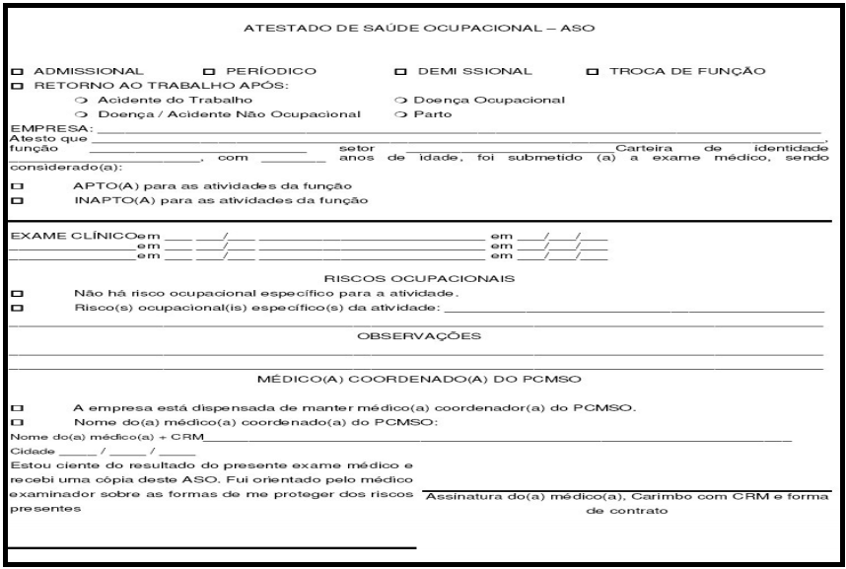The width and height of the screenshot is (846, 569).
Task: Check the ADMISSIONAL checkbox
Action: [x=16, y=72]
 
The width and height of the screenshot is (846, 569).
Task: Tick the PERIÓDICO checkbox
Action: [x=208, y=72]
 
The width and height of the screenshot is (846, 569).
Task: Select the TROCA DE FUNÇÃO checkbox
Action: [x=592, y=72]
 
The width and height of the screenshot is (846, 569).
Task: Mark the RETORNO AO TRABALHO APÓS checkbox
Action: [x=16, y=86]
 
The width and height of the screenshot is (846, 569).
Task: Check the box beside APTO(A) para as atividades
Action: [x=16, y=186]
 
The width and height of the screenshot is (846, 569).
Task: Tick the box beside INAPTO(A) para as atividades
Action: [x=16, y=201]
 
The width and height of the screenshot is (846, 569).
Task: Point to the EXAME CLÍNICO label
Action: [x=72, y=237]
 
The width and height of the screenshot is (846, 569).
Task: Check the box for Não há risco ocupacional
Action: [x=16, y=294]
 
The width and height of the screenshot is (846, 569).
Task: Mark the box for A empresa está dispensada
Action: [x=16, y=408]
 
